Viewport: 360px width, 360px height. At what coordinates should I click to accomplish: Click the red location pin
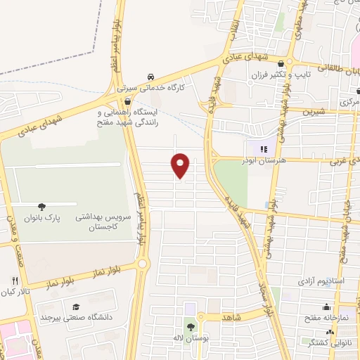pos(181,165)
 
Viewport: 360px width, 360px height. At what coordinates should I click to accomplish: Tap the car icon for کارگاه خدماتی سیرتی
pos(150,77)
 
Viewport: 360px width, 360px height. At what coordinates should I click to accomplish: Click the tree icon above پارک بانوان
pos(42,207)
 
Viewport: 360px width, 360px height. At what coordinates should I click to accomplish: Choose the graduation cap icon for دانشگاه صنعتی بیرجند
pos(75,307)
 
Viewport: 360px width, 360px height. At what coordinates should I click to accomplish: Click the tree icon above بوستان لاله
pos(191,326)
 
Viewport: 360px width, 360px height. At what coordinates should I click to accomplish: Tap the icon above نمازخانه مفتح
pos(326,307)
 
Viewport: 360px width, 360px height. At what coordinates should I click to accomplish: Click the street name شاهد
pos(233,318)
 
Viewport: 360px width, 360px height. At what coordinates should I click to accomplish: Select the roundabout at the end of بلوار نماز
pos(143,264)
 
